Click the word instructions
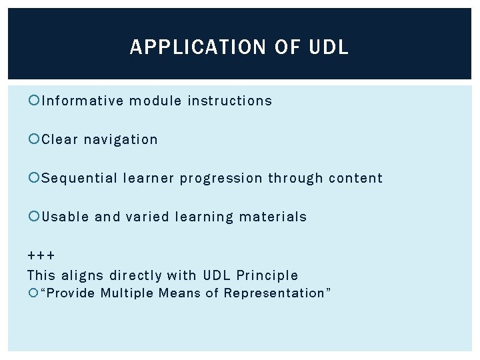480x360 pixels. point(230,101)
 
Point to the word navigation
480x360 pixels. point(121,140)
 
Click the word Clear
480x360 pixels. point(59,139)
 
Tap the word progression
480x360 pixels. point(221,179)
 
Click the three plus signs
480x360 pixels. point(41,256)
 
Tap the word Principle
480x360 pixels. point(268,275)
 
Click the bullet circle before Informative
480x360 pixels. point(33,101)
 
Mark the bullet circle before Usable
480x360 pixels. point(33,217)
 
